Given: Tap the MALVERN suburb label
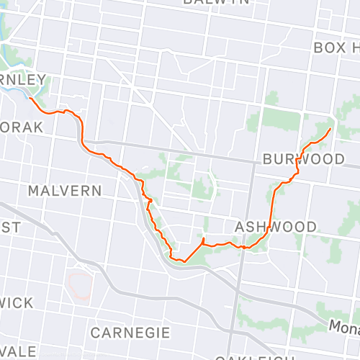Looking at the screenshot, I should (65, 191).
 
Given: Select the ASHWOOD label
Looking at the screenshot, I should (276, 227).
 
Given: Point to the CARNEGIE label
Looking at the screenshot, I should (130, 333).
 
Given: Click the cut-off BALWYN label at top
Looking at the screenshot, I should (216, 2).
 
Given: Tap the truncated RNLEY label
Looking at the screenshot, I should (23, 79).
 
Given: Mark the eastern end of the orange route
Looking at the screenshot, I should (330, 128).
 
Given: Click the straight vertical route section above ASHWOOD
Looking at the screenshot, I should (273, 209).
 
